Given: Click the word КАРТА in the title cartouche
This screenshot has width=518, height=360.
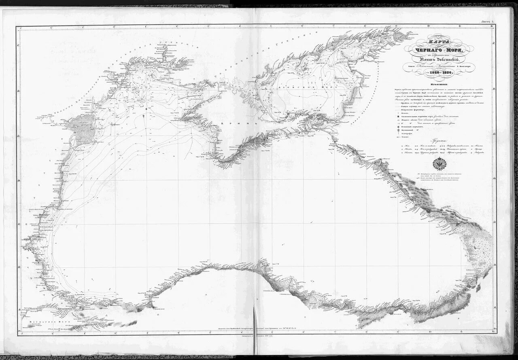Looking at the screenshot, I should pos(439,41).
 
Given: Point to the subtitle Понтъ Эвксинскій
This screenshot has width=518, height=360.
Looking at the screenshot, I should pos(439,61).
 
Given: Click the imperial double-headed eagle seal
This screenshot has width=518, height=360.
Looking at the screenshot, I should pos(439,163).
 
